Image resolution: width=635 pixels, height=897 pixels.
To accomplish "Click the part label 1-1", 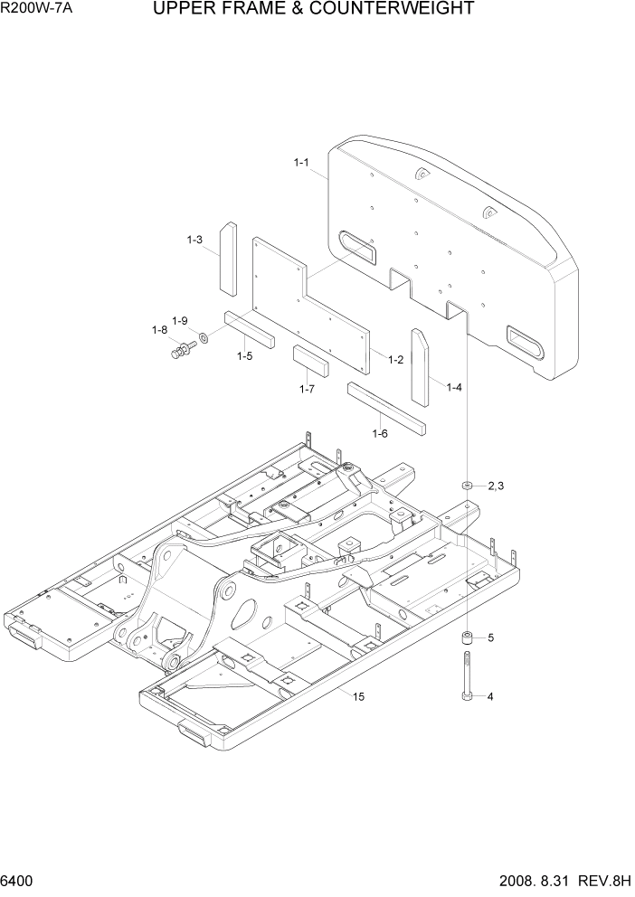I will pyautogui.click(x=301, y=163).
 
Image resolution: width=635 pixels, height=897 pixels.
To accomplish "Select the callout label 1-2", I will pyautogui.click(x=395, y=360).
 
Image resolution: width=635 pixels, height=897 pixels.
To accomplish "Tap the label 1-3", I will pyautogui.click(x=194, y=240).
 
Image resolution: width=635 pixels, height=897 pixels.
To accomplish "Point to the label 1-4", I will pyautogui.click(x=453, y=387).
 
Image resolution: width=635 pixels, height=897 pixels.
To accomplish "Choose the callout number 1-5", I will pyautogui.click(x=244, y=356).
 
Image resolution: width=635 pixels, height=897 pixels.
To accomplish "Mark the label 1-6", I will pyautogui.click(x=380, y=434).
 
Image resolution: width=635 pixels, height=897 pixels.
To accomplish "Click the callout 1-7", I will pyautogui.click(x=307, y=389).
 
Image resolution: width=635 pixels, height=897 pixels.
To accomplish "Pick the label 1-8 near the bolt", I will pyautogui.click(x=159, y=330).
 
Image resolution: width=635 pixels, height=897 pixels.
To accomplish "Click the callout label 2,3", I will pyautogui.click(x=495, y=486).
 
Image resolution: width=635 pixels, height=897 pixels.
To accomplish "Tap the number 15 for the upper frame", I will pyautogui.click(x=358, y=695).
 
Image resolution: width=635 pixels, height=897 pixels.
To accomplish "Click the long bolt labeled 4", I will pyautogui.click(x=466, y=674).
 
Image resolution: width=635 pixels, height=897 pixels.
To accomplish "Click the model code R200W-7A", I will pyautogui.click(x=36, y=11).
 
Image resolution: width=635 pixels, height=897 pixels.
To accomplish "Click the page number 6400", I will pyautogui.click(x=19, y=881).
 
